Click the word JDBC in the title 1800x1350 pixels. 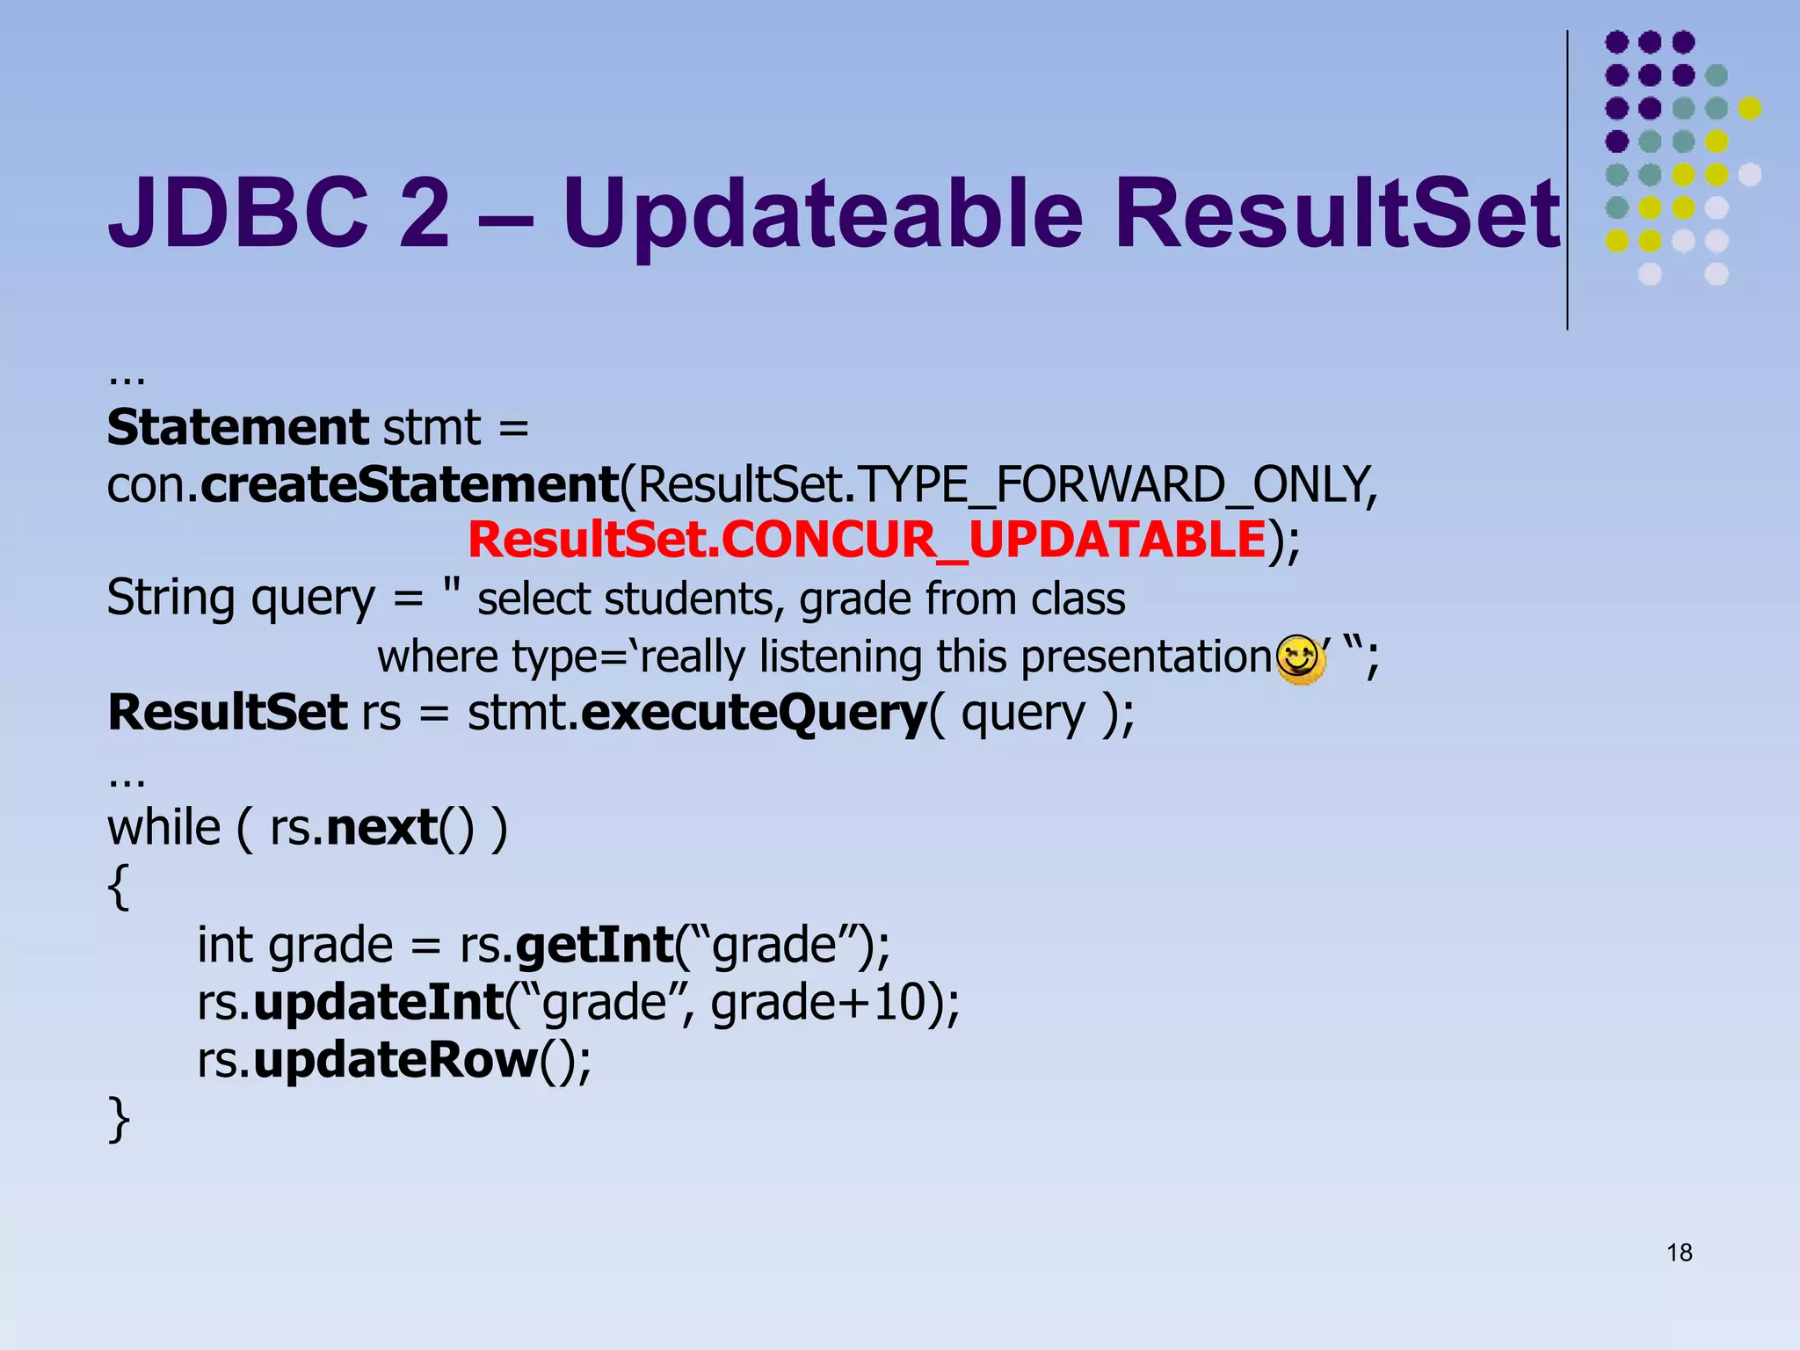236,212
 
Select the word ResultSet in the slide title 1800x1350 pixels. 1336,214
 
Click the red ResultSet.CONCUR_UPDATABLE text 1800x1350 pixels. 866,540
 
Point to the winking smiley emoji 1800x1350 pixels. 1300,658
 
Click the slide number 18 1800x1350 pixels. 1679,1252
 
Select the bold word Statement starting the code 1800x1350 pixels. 237,427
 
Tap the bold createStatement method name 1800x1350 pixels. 410,484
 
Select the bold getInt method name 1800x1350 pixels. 594,945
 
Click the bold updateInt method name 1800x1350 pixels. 378,1002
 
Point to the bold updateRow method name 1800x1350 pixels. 396,1060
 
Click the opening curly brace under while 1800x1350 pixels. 119,887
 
